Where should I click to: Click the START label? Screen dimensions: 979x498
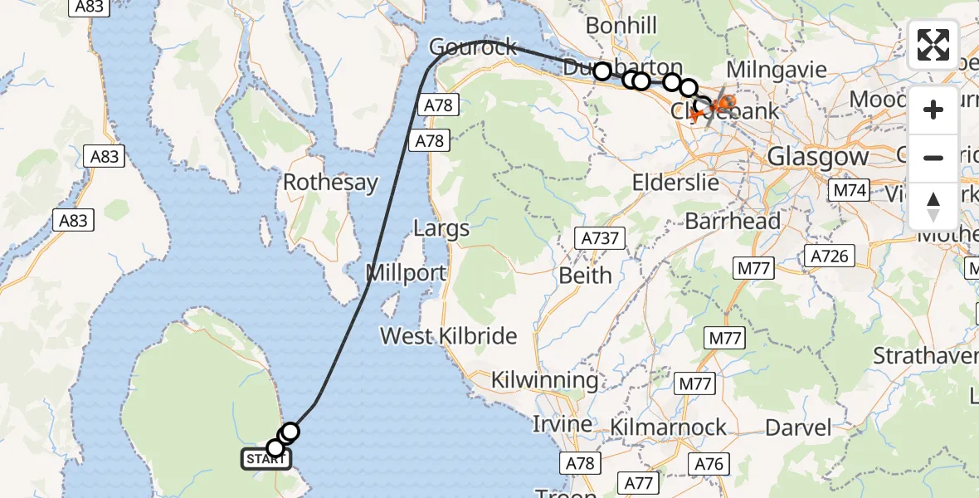[265, 458]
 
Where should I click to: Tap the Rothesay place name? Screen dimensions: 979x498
[330, 183]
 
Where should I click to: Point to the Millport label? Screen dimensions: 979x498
[406, 272]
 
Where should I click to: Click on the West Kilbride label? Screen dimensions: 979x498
[448, 336]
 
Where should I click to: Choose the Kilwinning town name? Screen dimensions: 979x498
[544, 381]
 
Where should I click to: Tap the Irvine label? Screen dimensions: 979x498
[562, 424]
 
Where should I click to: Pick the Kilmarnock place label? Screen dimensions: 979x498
[668, 427]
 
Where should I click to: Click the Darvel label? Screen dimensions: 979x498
[798, 427]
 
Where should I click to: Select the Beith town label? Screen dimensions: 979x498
[586, 275]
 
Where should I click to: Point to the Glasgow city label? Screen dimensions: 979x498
[817, 156]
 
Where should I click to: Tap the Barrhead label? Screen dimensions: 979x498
[733, 222]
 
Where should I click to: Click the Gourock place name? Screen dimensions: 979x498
[474, 47]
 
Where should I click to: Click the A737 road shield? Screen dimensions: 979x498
[599, 239]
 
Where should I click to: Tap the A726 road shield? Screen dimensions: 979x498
[830, 256]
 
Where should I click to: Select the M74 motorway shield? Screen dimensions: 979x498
[850, 190]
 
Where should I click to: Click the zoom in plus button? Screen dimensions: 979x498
[933, 110]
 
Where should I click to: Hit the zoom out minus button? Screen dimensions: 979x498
[933, 158]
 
